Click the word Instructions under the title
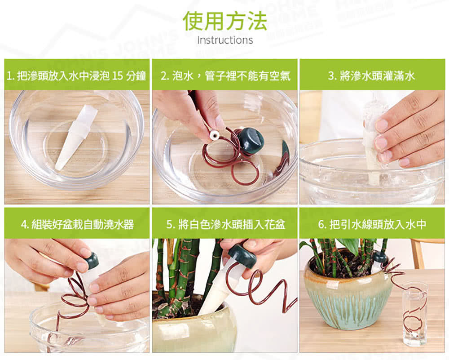tap(224, 40)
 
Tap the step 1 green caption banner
tap(77, 75)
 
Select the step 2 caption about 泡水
tap(224, 75)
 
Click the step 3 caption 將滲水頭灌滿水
tap(372, 75)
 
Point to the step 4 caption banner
tap(77, 223)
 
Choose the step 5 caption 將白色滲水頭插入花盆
tap(224, 223)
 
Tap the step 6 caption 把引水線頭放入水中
tap(372, 223)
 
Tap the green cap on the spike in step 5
tap(242, 255)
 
